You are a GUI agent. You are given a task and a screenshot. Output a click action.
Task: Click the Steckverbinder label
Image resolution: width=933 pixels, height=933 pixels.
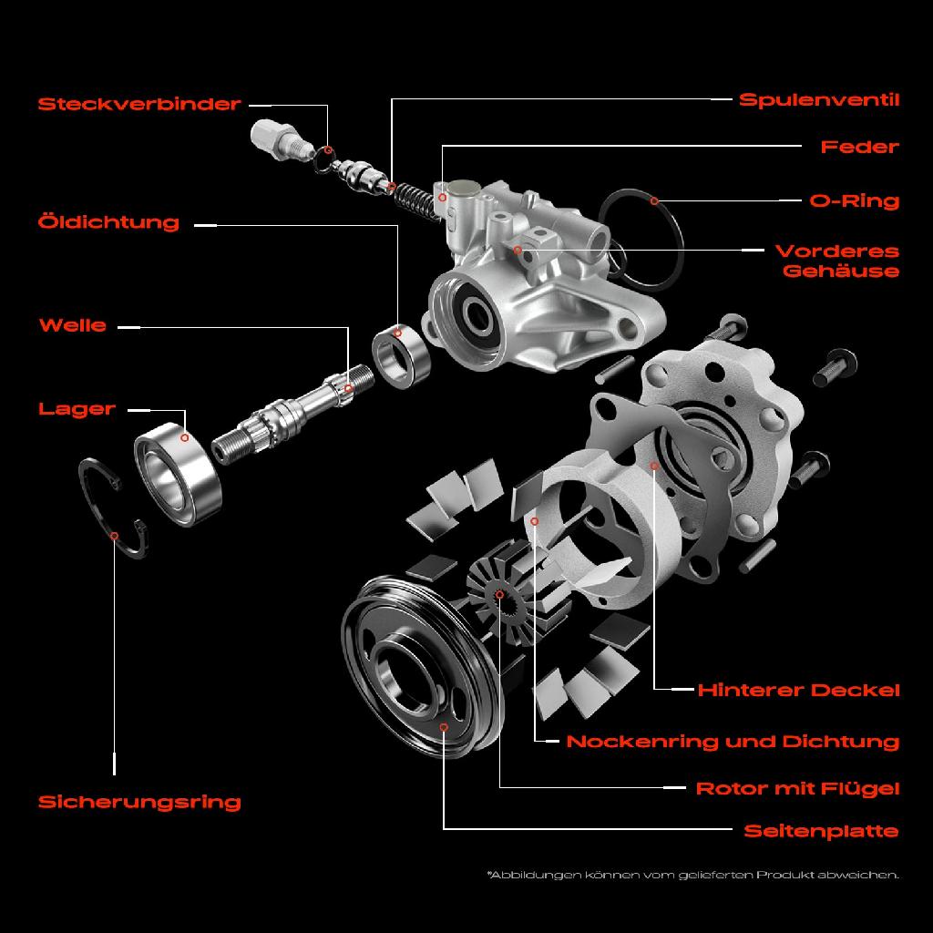139,104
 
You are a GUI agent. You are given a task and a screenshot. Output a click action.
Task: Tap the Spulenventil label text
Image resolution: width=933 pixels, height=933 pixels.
818,99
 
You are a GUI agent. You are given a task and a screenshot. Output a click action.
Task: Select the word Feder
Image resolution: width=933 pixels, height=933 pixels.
859,147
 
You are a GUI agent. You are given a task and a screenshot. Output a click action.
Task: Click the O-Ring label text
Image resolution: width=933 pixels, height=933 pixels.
854,200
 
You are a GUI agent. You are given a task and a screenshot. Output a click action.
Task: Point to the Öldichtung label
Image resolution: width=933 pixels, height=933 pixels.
108,222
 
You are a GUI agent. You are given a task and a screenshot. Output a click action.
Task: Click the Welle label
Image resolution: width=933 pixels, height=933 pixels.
73,325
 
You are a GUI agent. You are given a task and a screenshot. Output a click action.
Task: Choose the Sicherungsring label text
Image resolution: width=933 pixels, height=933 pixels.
139,802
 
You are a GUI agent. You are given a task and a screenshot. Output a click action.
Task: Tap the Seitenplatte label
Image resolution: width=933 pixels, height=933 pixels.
821,830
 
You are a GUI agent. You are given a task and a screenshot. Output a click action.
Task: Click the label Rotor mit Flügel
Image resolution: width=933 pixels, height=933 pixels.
797,787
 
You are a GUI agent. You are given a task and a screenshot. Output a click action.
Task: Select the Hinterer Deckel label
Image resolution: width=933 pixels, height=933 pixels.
798,690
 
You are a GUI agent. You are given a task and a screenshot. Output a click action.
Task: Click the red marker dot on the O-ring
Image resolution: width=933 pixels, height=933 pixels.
653,200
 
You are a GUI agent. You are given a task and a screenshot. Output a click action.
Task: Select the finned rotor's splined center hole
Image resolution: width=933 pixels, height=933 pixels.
500,595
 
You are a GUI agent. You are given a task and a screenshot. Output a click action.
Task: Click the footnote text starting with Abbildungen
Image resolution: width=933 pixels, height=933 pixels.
692,875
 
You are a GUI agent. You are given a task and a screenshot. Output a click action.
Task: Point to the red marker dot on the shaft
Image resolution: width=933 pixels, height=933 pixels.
348,388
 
